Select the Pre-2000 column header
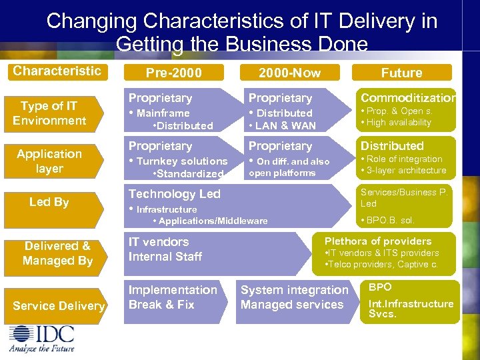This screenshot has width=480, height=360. pos(173,73)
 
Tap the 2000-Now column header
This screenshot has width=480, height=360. pos(289,73)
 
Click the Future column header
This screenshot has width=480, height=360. pos(401,73)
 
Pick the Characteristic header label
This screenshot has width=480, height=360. pos(57,71)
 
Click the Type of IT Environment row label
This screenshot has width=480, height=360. pos(49,113)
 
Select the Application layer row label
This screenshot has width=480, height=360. pos(49,161)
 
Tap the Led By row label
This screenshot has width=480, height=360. pos(49,202)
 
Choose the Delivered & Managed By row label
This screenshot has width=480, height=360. pos(57,253)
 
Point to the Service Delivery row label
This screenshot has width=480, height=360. pos(59,306)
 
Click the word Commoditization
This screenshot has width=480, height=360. pos(408,98)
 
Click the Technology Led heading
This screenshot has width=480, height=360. pos(174,194)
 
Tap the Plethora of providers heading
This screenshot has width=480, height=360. pos(378,241)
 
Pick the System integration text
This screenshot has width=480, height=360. pos(294,290)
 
